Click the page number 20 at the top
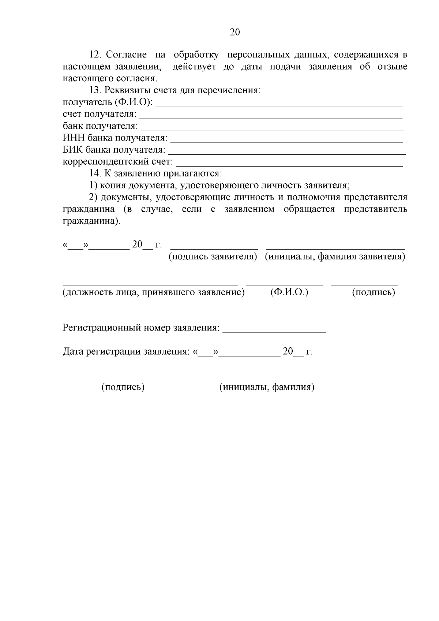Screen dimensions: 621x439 click(235, 32)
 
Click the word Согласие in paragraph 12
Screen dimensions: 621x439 click(126, 55)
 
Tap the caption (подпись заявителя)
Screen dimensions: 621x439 click(213, 257)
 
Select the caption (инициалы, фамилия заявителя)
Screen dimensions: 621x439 click(335, 257)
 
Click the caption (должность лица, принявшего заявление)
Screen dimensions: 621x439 click(154, 292)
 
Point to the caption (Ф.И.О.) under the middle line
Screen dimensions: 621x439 click(289, 292)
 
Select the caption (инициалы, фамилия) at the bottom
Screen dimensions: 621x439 click(267, 387)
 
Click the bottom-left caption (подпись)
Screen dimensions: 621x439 click(123, 387)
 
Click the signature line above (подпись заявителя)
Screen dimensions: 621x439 click(214, 247)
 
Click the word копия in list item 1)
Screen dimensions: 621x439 click(112, 186)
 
